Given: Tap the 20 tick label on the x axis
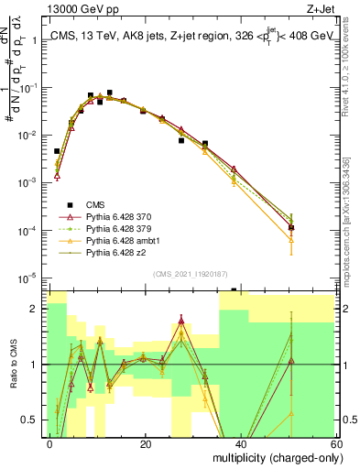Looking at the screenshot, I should coord(146,442).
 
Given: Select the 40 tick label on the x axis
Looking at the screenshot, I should coord(240,442).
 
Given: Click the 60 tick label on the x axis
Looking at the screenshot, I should coord(334,442).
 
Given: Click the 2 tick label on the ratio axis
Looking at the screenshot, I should coord(38,309).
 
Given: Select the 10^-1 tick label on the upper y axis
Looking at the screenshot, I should coord(29,88).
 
